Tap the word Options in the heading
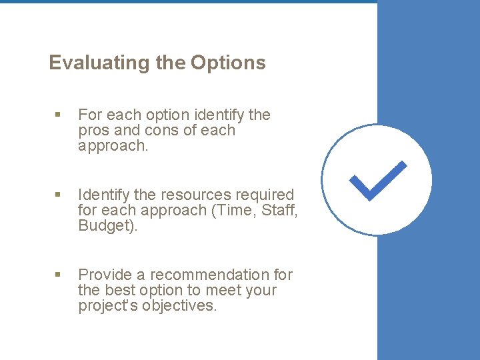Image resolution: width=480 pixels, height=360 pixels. (x=228, y=63)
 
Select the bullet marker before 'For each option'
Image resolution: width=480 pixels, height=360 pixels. (x=58, y=115)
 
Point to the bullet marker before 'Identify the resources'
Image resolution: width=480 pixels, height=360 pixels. (x=58, y=195)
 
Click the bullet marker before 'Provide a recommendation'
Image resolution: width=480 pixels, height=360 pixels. (x=58, y=275)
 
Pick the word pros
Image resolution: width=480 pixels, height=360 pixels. (x=92, y=131)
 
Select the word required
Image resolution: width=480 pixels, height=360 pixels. (x=267, y=195)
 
